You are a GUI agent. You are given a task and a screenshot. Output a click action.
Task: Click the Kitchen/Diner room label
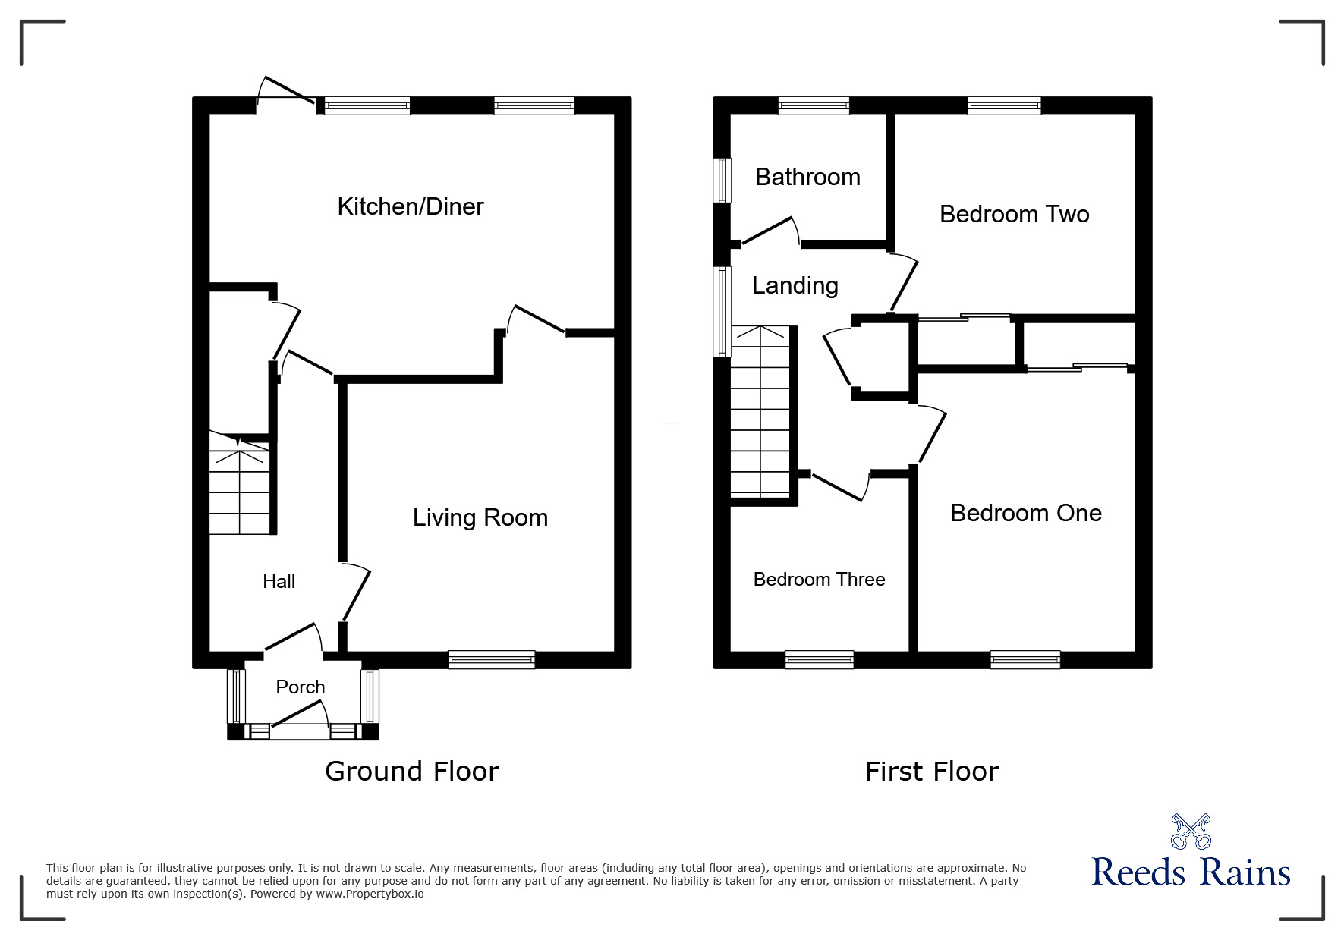point(410,206)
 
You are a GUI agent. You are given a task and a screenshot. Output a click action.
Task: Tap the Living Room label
point(480,517)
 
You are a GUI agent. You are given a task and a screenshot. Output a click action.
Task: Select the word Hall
point(279,582)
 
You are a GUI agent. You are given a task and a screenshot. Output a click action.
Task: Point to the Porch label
point(300,687)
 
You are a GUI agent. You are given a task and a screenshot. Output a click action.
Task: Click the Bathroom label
point(807,177)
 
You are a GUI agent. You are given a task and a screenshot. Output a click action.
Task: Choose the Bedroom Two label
point(1014,214)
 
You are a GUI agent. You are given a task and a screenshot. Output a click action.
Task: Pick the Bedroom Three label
point(819,580)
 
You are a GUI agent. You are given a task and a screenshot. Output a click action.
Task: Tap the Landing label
point(795,285)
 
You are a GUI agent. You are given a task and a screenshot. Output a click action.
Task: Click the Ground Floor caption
point(411,771)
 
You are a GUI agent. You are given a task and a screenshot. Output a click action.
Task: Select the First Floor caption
point(931,772)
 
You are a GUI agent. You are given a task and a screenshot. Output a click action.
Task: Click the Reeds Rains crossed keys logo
point(1190,831)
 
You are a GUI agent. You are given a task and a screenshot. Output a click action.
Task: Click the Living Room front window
point(491,659)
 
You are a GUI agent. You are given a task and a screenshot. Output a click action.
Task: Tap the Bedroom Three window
point(819,659)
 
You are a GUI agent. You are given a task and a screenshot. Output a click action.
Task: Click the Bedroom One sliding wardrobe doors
point(1078,368)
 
